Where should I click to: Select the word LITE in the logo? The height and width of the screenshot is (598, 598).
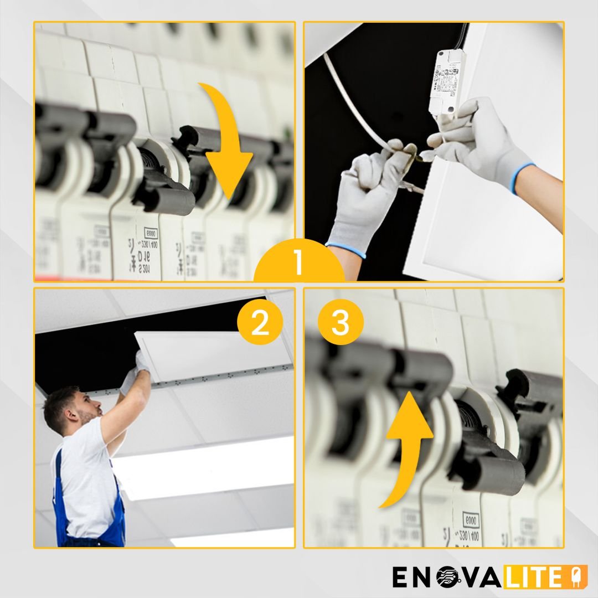[x=532, y=577]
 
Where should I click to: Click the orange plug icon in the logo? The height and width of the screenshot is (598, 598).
[x=566, y=577]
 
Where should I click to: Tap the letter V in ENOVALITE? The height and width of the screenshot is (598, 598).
[x=471, y=577]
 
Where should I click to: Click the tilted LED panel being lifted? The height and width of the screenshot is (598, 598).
[x=210, y=354]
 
